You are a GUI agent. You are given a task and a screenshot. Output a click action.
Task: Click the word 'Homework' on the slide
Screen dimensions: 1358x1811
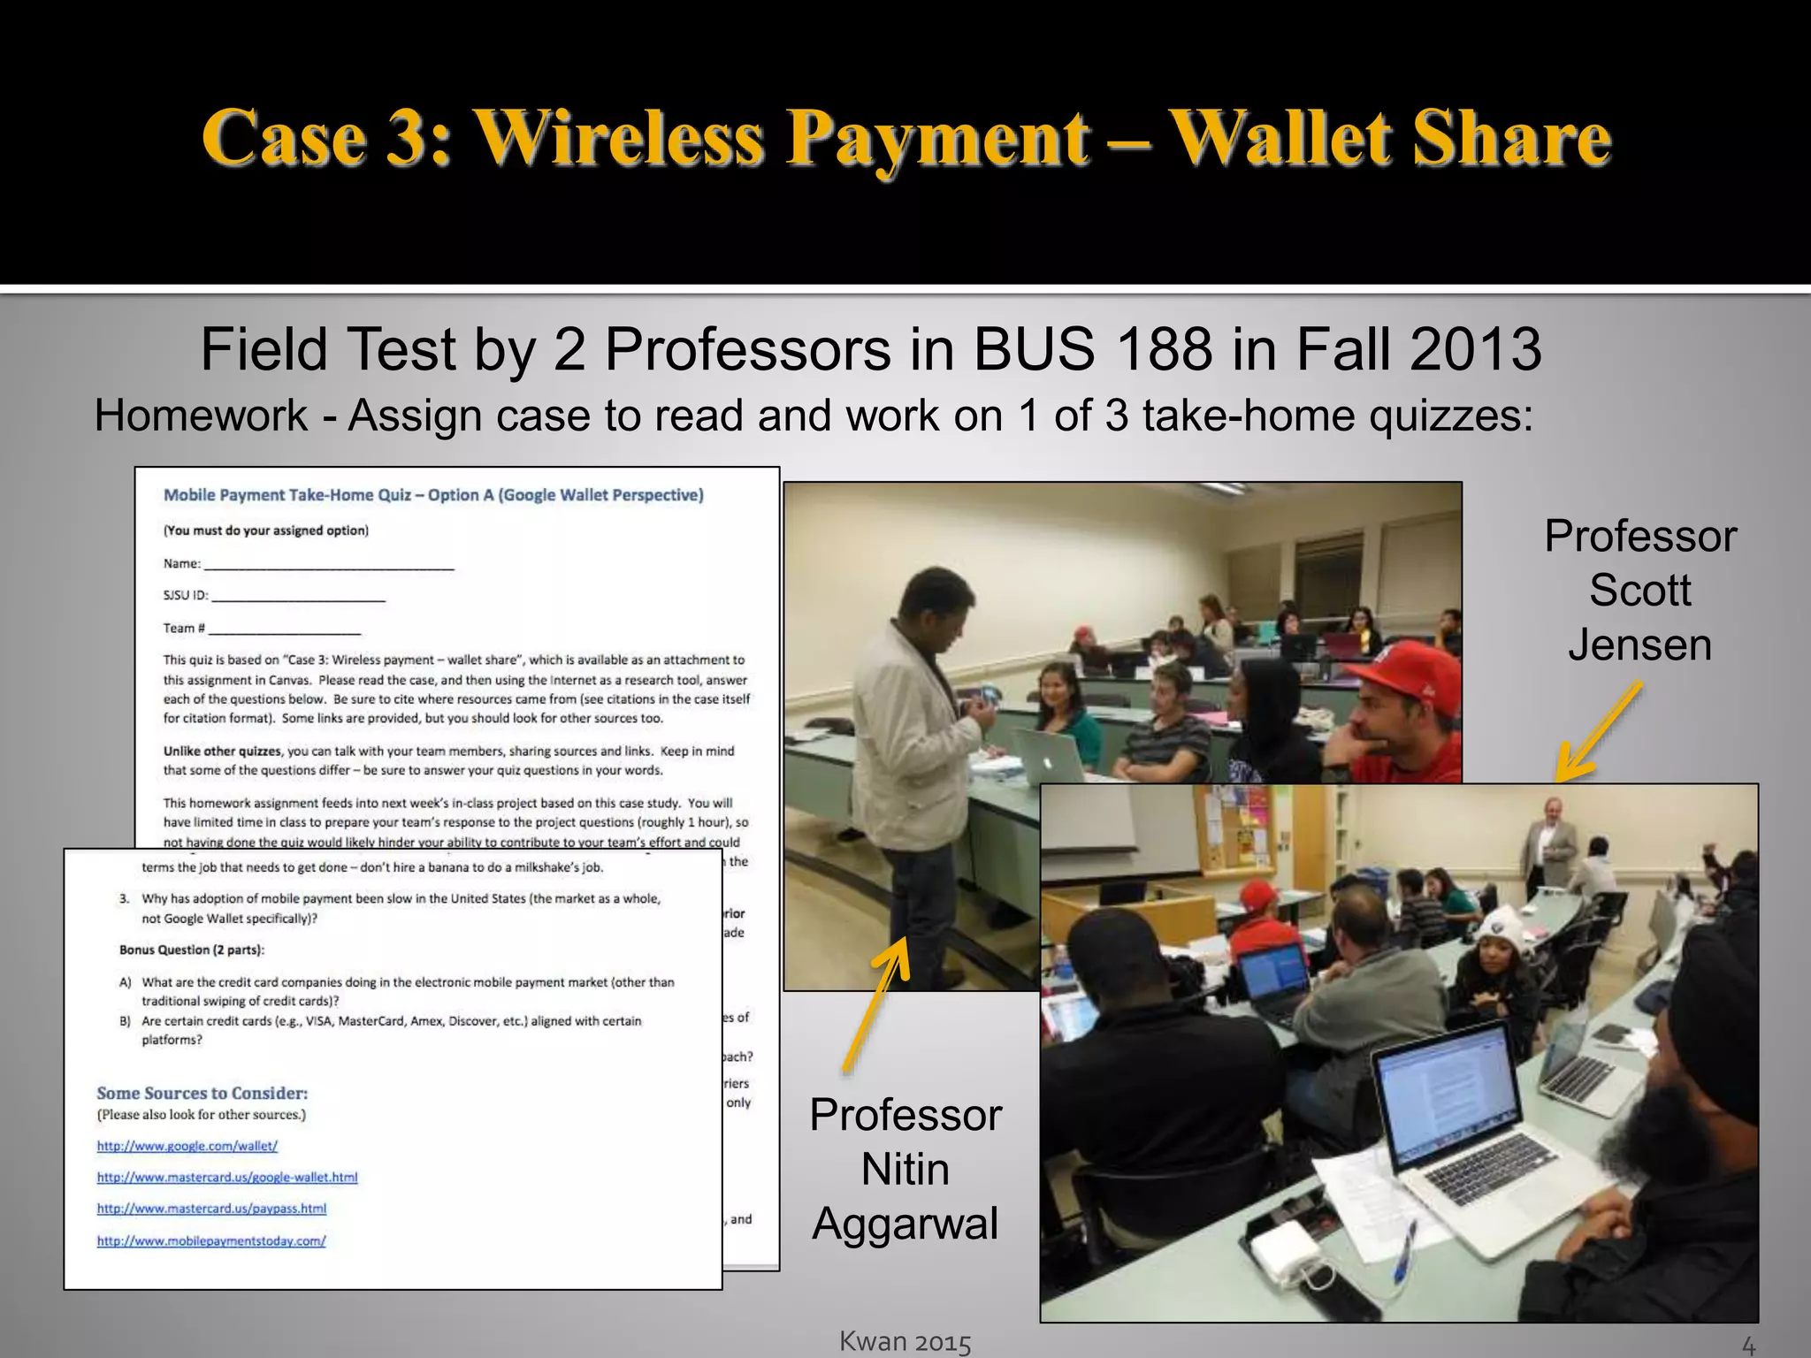tap(201, 416)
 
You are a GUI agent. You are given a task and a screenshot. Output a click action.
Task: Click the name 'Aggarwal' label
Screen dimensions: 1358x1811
tap(905, 1224)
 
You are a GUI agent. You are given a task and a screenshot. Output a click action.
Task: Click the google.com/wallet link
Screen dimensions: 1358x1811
tap(187, 1147)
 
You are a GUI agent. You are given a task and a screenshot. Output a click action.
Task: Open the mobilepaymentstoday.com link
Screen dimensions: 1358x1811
tap(211, 1241)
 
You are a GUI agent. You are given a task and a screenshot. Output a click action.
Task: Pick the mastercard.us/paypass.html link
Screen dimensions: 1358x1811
tap(211, 1209)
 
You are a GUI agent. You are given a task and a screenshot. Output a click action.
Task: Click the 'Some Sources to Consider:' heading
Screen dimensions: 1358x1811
tap(202, 1094)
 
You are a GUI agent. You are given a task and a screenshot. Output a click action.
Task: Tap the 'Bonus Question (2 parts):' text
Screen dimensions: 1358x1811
tap(192, 950)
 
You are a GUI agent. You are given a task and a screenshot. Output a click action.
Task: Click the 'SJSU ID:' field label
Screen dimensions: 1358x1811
tap(186, 596)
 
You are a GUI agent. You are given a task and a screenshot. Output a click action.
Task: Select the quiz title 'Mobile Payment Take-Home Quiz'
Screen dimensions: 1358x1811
tap(288, 495)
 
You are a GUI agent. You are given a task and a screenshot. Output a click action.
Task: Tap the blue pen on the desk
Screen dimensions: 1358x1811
tap(1403, 1251)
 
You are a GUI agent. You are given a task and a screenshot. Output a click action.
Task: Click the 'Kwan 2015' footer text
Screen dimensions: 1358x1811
tap(905, 1342)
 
